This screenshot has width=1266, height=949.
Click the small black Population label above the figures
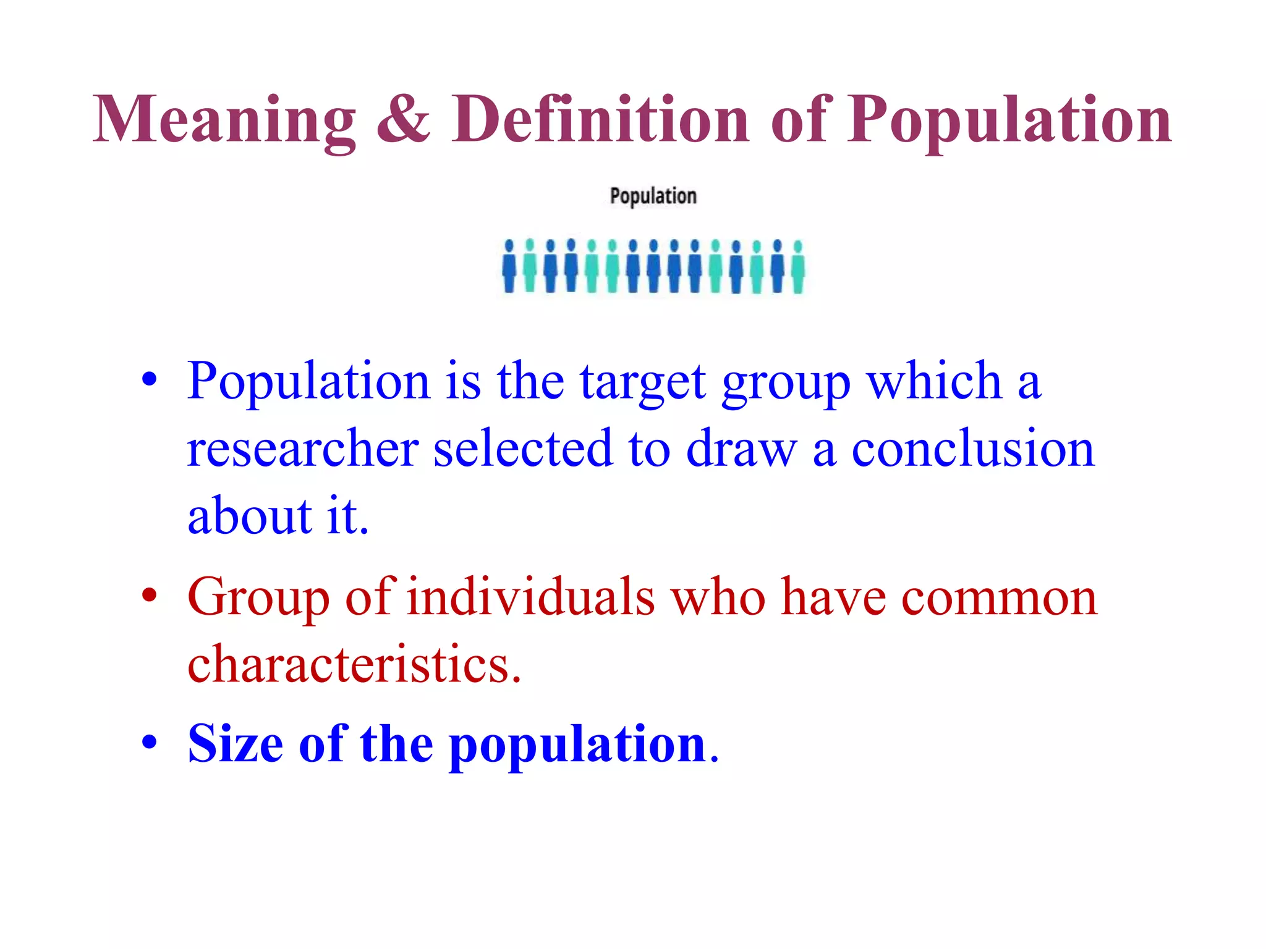tap(653, 196)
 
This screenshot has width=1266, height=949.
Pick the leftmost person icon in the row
tap(509, 267)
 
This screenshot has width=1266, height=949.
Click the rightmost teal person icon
tap(798, 267)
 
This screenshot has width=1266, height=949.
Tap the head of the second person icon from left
tap(530, 245)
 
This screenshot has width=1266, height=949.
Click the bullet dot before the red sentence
tap(149, 596)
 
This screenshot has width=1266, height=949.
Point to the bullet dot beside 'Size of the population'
tap(149, 742)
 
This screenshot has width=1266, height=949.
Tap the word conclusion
tap(973, 448)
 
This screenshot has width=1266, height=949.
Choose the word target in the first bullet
tap(643, 382)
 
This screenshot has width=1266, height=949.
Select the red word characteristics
tap(354, 664)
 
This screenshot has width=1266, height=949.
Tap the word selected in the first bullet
tap(523, 448)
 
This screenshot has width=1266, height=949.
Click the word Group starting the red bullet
tap(258, 598)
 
